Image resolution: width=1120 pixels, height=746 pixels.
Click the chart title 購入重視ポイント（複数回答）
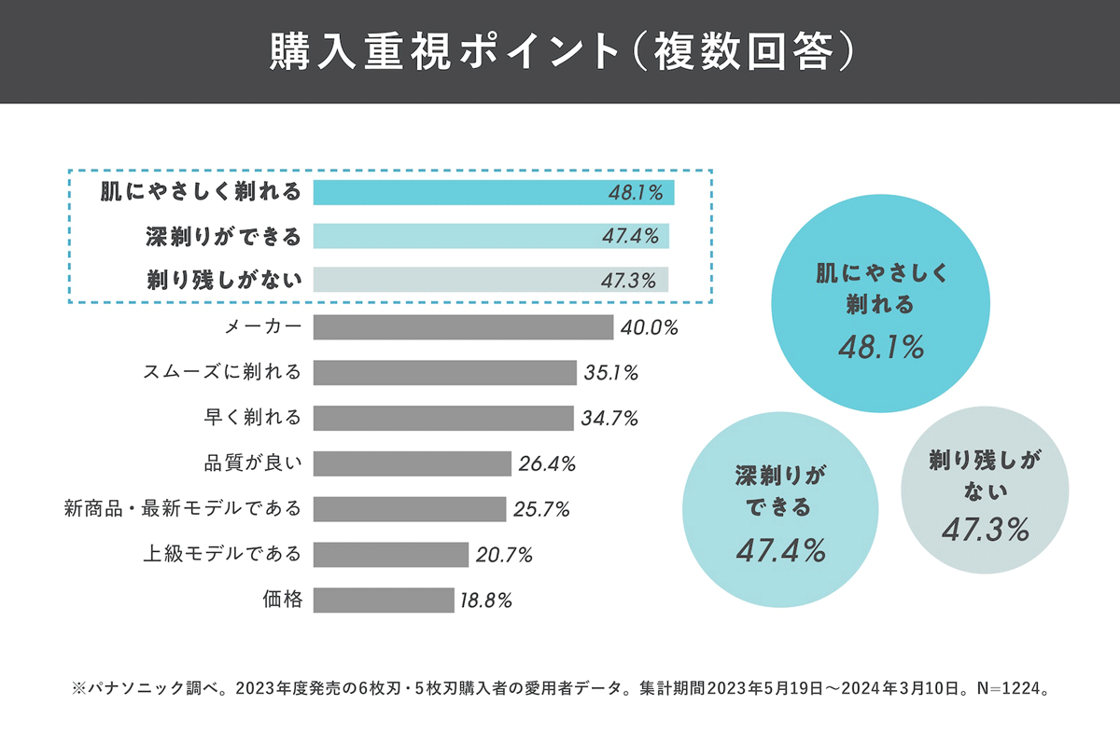(x=560, y=52)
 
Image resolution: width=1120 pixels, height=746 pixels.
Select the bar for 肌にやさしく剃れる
(x=493, y=193)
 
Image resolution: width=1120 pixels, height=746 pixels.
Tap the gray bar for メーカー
(x=463, y=327)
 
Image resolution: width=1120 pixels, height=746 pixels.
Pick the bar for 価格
(x=383, y=600)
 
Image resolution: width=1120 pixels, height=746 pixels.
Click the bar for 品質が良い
(x=412, y=463)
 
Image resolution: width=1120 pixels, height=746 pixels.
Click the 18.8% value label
(x=485, y=601)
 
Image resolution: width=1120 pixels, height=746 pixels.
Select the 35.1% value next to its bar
(x=611, y=373)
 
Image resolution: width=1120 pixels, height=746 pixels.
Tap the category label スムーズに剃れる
(x=222, y=373)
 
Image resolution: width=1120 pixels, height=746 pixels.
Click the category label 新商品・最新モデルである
(x=183, y=509)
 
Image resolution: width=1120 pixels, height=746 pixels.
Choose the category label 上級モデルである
(x=222, y=554)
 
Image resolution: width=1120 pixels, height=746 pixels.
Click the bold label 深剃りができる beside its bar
(x=224, y=237)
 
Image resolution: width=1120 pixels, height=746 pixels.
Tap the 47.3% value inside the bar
(x=629, y=281)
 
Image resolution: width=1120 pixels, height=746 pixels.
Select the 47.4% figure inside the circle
(x=780, y=550)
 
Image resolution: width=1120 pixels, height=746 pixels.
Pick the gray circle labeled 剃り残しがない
(x=985, y=490)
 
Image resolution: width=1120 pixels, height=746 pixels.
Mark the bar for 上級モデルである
(x=390, y=555)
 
